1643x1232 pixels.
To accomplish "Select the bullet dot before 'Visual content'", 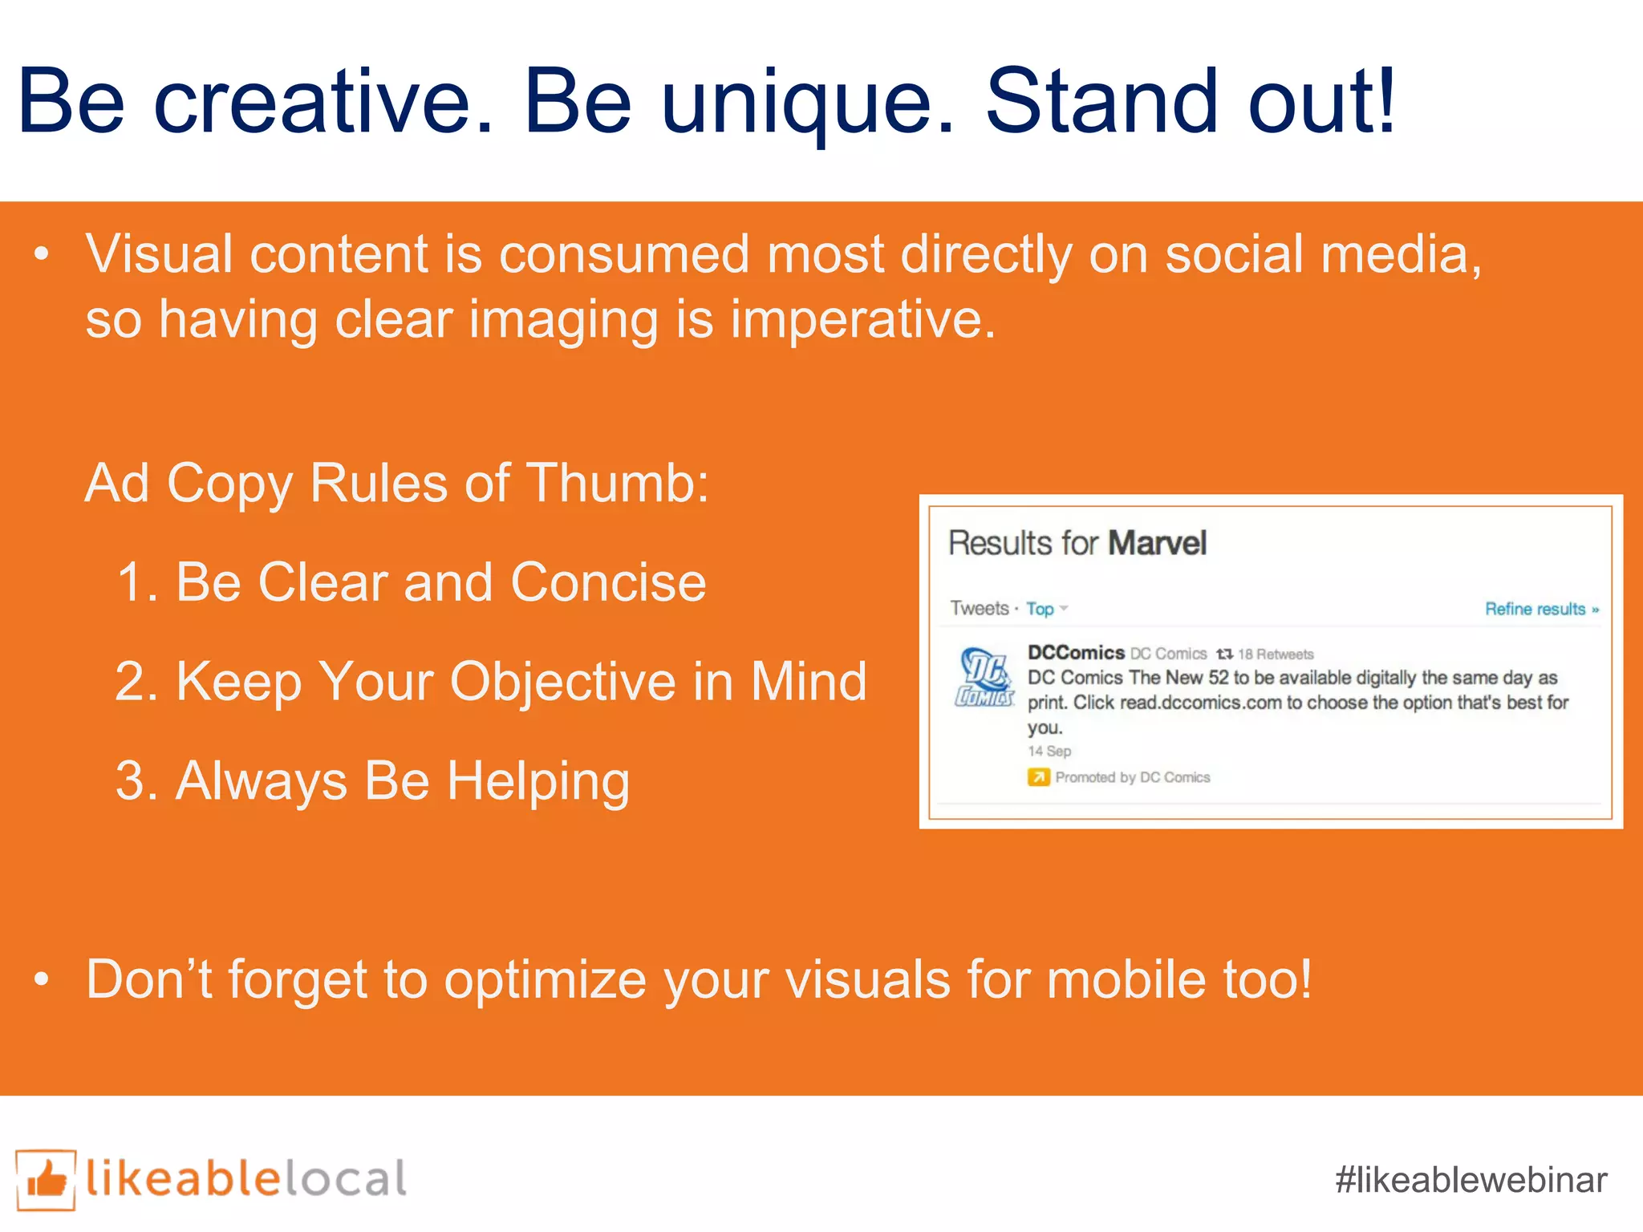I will click(42, 255).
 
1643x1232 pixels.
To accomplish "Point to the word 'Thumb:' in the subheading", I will click(617, 484).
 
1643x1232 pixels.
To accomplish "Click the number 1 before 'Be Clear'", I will click(133, 582).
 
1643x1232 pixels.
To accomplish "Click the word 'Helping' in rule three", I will click(538, 781).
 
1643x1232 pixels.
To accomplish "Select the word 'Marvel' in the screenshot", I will click(1157, 543).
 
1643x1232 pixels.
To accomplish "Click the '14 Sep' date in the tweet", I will click(1049, 752).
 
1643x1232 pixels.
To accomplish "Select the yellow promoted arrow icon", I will click(1038, 777).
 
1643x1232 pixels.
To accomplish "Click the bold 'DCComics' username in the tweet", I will click(1075, 653).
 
